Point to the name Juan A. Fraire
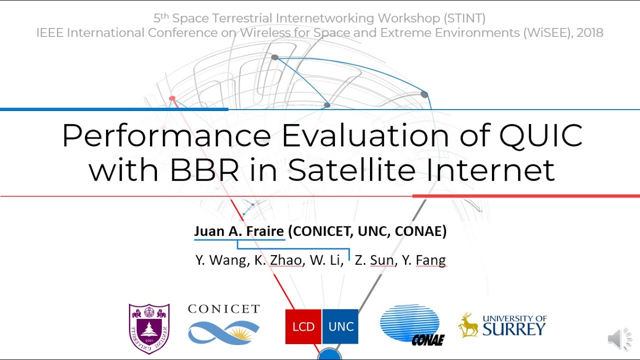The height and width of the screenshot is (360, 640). pos(239,231)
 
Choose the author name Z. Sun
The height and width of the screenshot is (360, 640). pos(374,260)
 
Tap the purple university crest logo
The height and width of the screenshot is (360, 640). pos(149,328)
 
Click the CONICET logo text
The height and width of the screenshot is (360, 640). pos(223,309)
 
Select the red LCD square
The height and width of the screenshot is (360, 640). pos(303,326)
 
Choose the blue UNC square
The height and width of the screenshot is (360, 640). pos(340,326)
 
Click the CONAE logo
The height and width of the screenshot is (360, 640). pos(412,325)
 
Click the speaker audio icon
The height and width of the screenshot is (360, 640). pos(619,339)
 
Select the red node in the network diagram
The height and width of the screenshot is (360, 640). pos(172,98)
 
